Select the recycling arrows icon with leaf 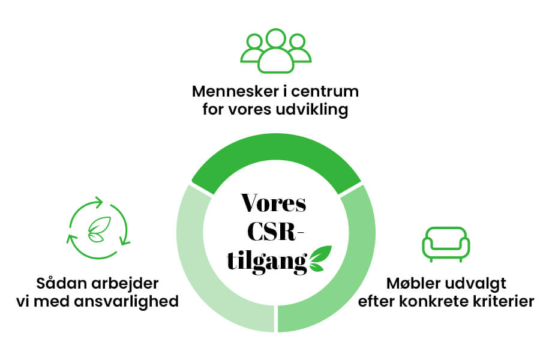click(x=98, y=228)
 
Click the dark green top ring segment click(x=276, y=160)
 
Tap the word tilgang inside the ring click(x=267, y=263)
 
